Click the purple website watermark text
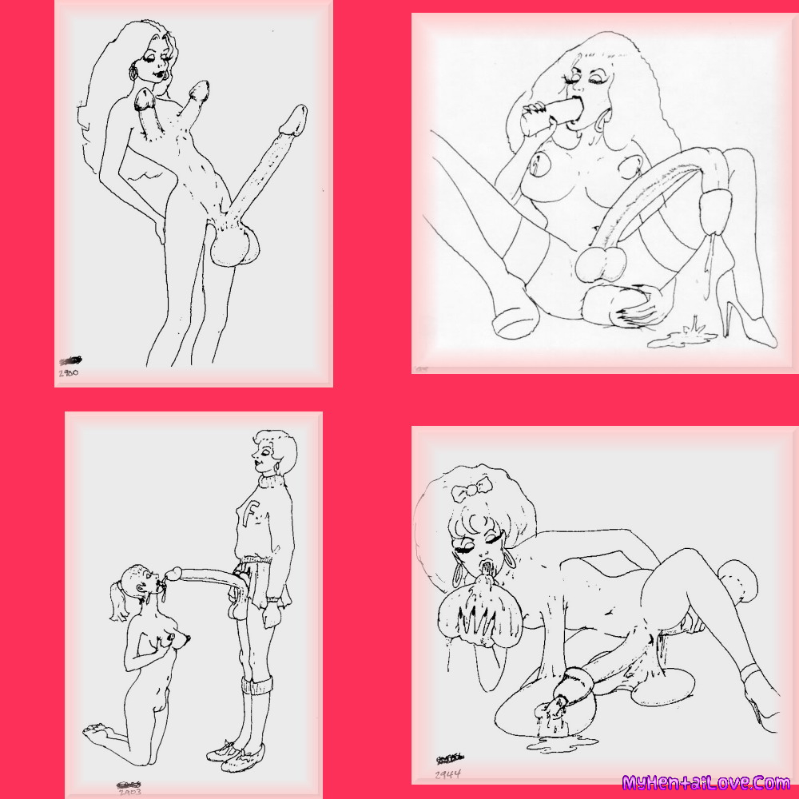(x=706, y=782)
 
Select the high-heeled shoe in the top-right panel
(x=739, y=308)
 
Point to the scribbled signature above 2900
(x=70, y=362)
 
